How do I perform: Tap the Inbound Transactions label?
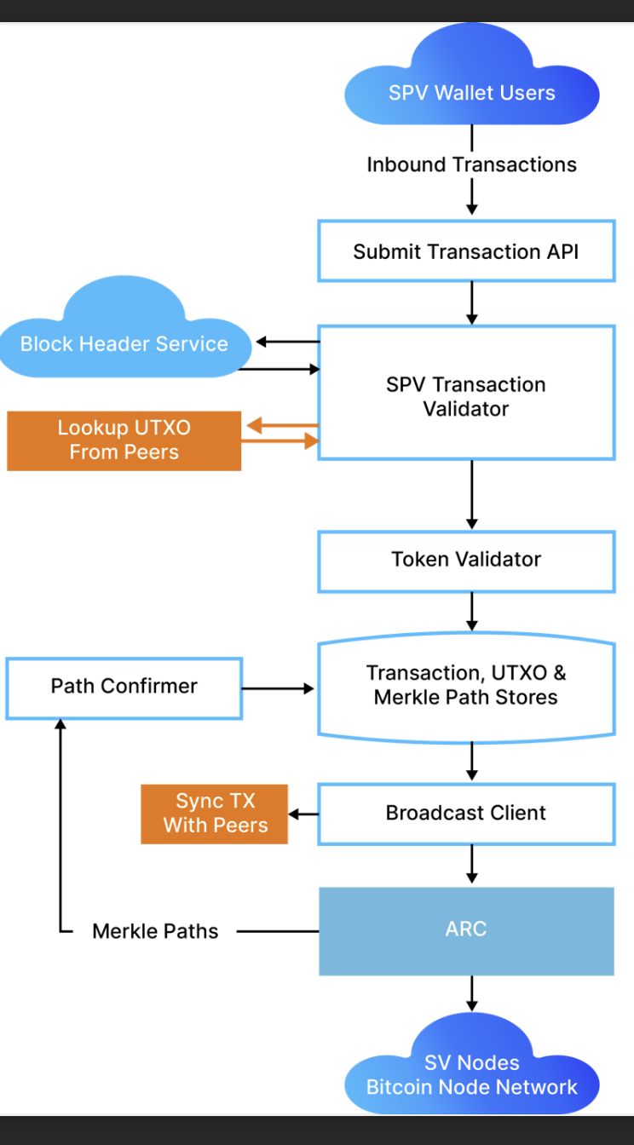[x=471, y=164]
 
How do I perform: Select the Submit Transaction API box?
[x=466, y=251]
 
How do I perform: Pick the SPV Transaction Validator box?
[x=466, y=396]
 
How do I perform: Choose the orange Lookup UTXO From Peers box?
[x=124, y=440]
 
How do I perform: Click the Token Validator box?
[x=466, y=560]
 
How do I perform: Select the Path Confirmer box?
[x=124, y=687]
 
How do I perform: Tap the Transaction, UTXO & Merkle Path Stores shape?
[x=466, y=686]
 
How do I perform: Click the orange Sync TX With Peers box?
[x=215, y=814]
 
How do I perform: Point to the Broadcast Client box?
[x=466, y=813]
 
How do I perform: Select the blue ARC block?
[x=466, y=929]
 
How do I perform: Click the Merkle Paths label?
[x=155, y=932]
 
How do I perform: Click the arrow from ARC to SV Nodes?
[x=472, y=993]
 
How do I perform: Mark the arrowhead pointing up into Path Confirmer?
[x=61, y=724]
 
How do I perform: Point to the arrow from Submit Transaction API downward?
[x=472, y=301]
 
